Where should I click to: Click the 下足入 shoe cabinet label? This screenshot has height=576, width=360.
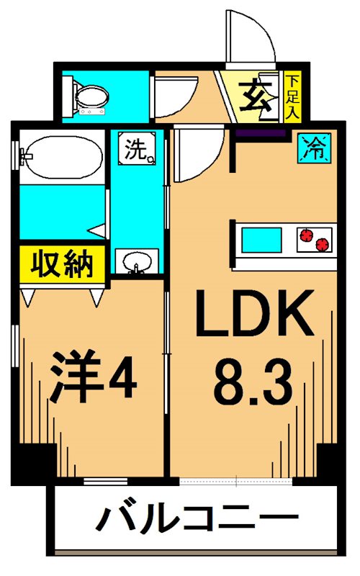click(x=292, y=96)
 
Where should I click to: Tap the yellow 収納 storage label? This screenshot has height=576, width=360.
click(x=63, y=263)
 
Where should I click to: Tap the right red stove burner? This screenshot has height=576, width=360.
click(x=324, y=243)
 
